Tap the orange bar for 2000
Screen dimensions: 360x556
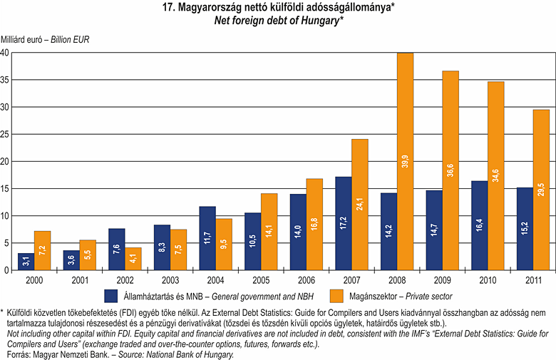coord(43,250)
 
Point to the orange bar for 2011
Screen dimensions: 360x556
coord(541,190)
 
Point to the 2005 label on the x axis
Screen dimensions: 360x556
coord(262,279)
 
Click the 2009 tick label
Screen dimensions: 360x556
coord(443,279)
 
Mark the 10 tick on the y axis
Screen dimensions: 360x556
coord(5,215)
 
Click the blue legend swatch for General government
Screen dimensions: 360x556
coord(110,295)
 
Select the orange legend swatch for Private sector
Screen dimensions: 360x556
coord(337,295)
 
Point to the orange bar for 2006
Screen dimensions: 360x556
coord(314,224)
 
